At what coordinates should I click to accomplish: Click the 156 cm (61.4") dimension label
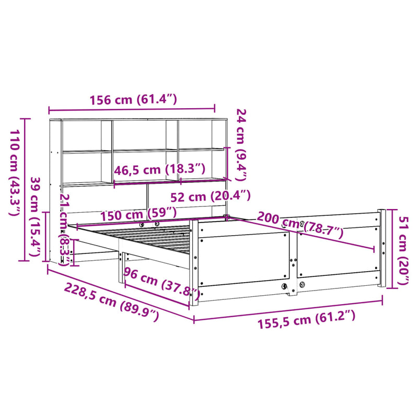click(134, 99)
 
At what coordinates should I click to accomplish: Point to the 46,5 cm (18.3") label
click(159, 169)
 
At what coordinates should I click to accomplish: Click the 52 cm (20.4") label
click(211, 197)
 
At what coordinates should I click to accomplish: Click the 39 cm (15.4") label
click(36, 215)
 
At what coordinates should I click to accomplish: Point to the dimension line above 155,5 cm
click(288, 309)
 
